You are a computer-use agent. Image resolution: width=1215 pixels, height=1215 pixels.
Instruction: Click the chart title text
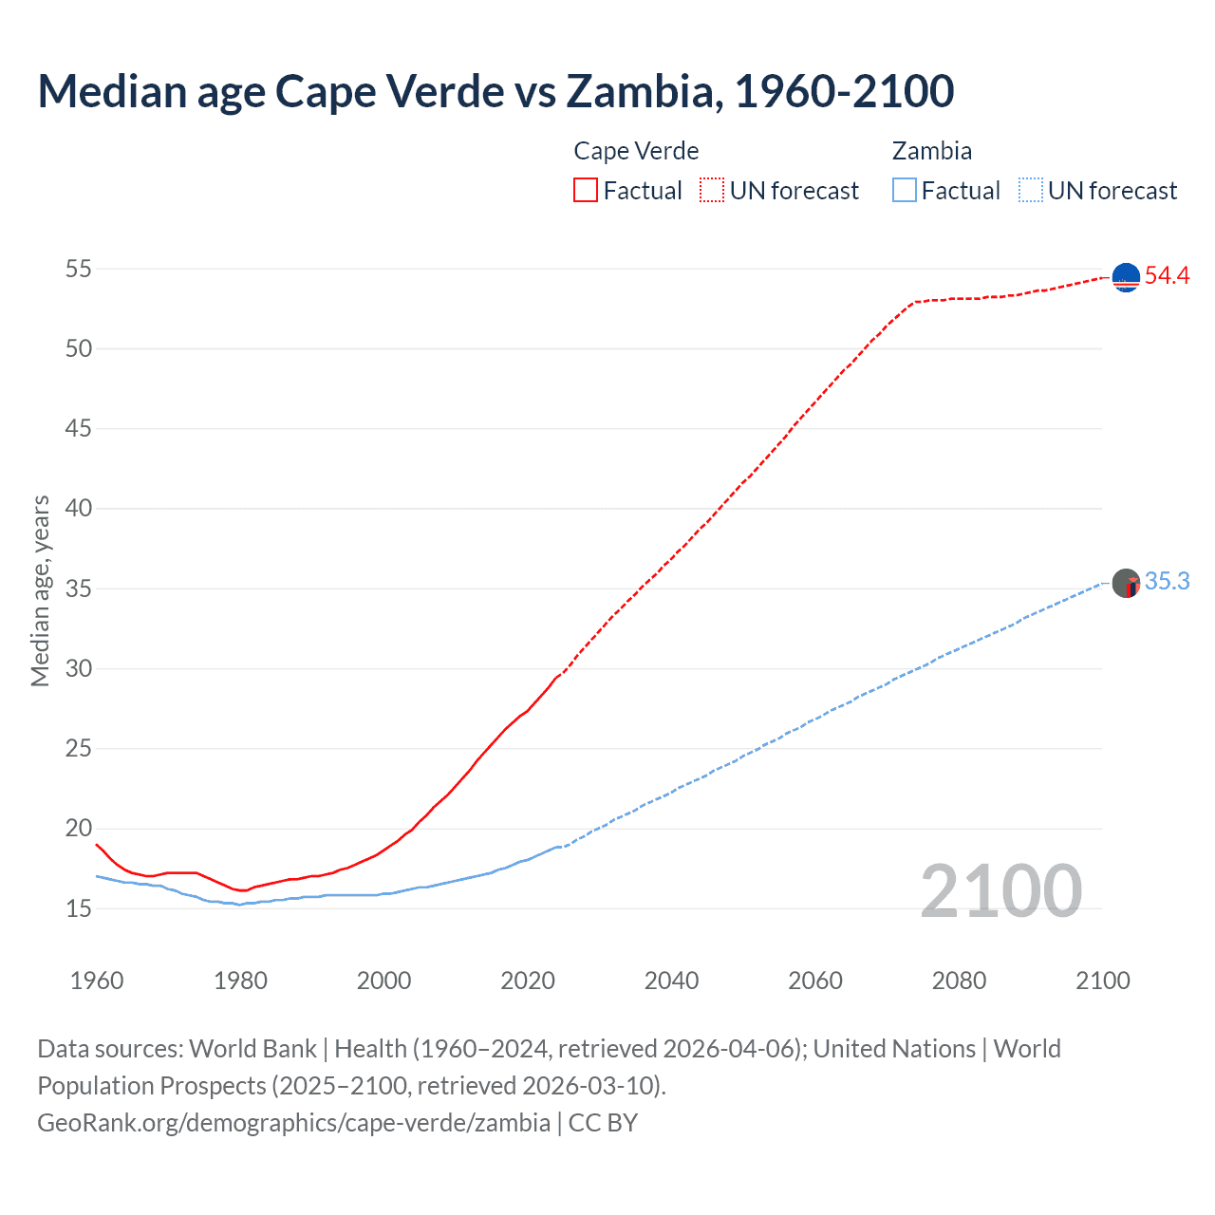(495, 91)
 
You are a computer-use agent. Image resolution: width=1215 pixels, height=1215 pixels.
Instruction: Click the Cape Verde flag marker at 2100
(1126, 277)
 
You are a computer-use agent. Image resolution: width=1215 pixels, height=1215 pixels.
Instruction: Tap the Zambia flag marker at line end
(1126, 583)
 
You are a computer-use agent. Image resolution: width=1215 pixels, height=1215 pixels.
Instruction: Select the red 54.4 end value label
(1167, 276)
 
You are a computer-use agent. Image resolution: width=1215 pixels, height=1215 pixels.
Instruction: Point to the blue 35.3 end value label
(1167, 582)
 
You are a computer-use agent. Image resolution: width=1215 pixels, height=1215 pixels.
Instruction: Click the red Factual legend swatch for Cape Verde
(586, 191)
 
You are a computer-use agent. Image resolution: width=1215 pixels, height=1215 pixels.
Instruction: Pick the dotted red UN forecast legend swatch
(712, 191)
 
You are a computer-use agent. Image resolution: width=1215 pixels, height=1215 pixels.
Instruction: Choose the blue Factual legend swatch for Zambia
(905, 191)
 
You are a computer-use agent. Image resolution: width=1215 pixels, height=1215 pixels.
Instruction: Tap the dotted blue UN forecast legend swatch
(1031, 191)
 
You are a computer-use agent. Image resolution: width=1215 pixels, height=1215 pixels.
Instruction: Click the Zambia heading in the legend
(931, 151)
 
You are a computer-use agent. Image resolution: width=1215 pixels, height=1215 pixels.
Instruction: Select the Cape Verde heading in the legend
(636, 151)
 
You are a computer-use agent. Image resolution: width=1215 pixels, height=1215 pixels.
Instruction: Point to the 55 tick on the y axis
(79, 269)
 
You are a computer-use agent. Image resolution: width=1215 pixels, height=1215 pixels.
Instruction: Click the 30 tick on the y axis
(79, 668)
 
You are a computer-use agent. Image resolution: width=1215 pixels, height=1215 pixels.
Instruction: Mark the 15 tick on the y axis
(79, 908)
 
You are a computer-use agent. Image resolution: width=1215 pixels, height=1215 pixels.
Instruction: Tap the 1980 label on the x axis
(240, 981)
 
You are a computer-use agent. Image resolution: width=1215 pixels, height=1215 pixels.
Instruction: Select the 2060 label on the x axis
(815, 981)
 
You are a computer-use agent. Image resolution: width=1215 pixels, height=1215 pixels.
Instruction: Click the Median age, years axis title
(40, 590)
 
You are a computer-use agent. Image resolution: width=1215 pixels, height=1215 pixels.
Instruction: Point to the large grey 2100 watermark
(1001, 890)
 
